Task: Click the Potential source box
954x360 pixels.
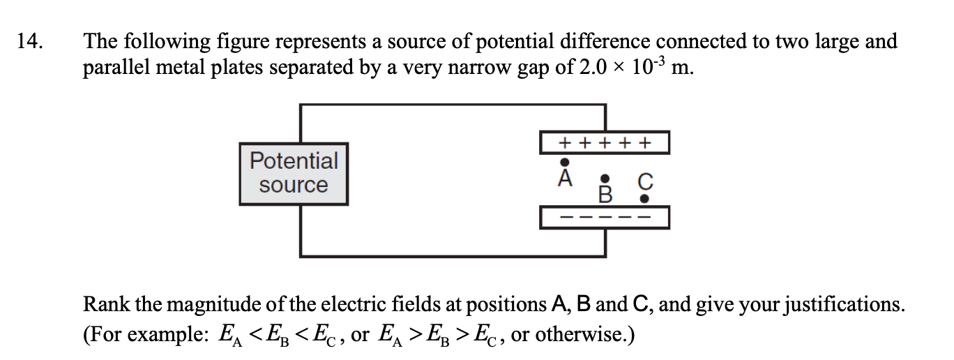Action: tap(293, 173)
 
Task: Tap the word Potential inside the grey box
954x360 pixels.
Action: tap(293, 160)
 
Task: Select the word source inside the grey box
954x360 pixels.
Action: tap(293, 186)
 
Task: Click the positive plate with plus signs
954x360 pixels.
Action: tap(605, 143)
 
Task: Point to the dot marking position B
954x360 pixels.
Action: tap(606, 179)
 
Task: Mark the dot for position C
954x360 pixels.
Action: tap(645, 199)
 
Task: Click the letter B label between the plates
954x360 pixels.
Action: tap(605, 194)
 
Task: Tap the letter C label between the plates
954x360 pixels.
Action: tap(645, 183)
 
